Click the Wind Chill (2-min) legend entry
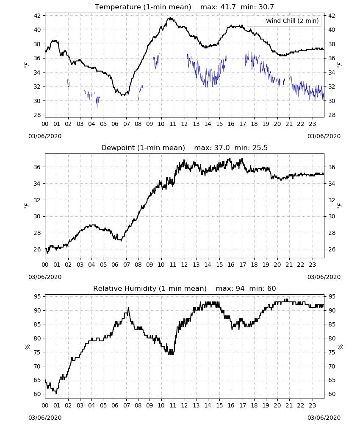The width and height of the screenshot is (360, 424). click(284, 21)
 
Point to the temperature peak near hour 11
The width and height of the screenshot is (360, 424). click(170, 18)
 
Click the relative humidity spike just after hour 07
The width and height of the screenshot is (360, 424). click(128, 308)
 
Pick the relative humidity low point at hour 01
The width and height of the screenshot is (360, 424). click(56, 393)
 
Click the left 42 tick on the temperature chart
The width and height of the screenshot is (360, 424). click(37, 16)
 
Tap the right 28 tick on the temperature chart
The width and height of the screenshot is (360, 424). click(331, 115)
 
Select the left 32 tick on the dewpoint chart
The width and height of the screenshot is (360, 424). click(37, 200)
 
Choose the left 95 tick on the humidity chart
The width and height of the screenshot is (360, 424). click(37, 297)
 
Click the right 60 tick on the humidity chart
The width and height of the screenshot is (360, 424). click(331, 394)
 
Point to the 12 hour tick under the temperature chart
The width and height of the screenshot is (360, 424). click(185, 124)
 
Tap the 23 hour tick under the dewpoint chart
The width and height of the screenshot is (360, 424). click(312, 265)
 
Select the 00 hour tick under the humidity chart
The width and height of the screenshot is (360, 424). click(45, 406)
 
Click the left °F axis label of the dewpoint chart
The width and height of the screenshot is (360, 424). click(27, 206)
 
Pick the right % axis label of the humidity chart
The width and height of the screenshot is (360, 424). click(340, 347)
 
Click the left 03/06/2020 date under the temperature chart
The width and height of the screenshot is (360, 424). click(45, 136)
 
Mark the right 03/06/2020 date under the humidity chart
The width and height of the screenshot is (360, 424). click(324, 418)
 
